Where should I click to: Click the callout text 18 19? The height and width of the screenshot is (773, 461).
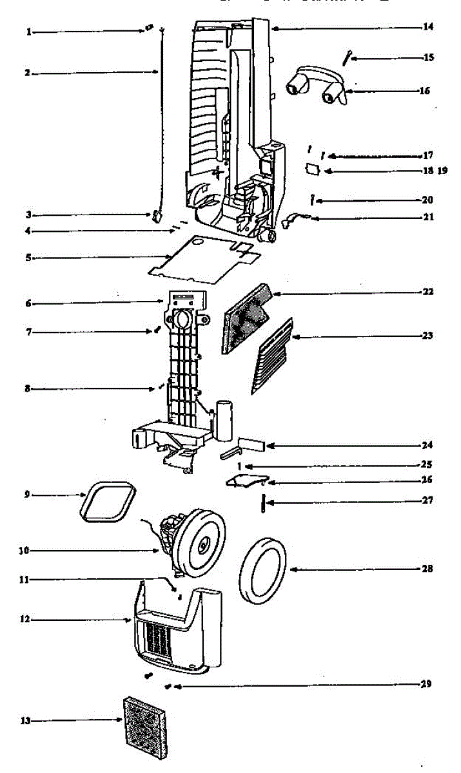click(x=433, y=171)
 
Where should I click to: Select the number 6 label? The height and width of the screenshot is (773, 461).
click(x=28, y=303)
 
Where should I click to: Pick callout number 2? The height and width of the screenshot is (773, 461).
click(x=28, y=73)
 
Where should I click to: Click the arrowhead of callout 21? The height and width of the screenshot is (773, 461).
click(x=315, y=218)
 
